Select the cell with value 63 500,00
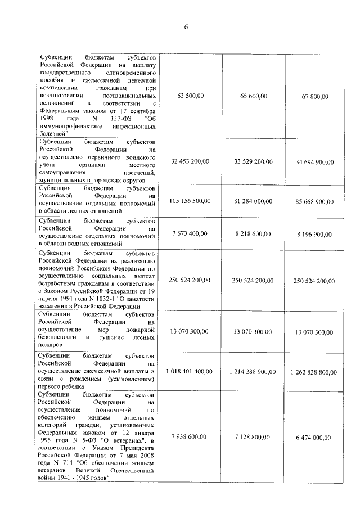coord(190,96)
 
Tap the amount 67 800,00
coord(314,97)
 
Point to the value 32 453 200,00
coord(190,161)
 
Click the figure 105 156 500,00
coord(190,201)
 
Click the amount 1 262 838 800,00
coord(314,372)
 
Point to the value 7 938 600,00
coord(190,436)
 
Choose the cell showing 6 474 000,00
coord(314,437)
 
